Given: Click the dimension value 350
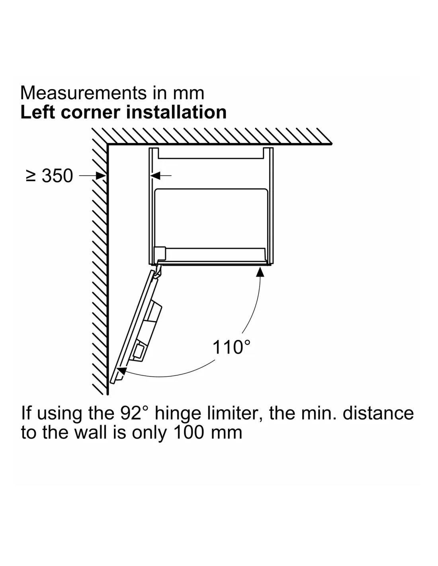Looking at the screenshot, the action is (57, 176).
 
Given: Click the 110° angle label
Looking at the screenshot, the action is (231, 347).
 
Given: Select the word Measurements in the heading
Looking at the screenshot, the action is (83, 93).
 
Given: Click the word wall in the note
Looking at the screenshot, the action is (91, 432).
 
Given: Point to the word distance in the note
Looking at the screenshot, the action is (378, 413).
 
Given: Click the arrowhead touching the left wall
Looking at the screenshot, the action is (101, 176).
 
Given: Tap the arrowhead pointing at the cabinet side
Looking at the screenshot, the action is (155, 176).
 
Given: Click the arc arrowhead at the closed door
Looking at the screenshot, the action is (260, 272).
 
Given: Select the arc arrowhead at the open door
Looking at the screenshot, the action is (122, 371).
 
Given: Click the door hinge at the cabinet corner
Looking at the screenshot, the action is (157, 271).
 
